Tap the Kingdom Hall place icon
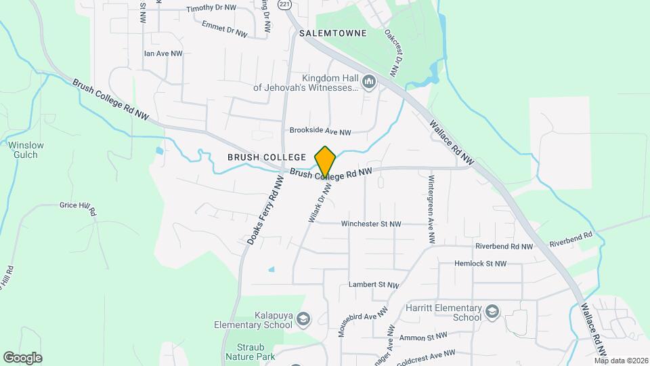tap(369, 83)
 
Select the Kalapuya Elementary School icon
tap(303, 319)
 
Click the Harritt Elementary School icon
tap(492, 312)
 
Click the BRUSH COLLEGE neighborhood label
tap(267, 157)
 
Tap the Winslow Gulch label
tap(26, 149)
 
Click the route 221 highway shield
tap(285, 5)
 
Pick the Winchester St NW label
tap(371, 224)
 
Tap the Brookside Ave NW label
tap(320, 131)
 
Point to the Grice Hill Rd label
tap(78, 206)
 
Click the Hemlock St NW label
tap(480, 264)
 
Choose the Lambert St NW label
tap(373, 285)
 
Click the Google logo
tap(22, 357)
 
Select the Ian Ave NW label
tap(163, 53)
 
